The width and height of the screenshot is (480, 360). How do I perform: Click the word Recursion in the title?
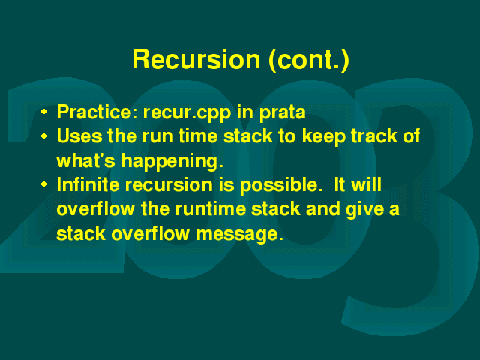196,58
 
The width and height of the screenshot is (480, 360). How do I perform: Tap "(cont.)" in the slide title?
309,60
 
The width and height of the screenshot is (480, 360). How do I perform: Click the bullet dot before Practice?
44,112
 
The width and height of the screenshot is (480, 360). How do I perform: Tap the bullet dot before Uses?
44,136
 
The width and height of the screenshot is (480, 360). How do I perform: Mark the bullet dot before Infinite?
44,184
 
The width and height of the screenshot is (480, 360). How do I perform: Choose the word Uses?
79,136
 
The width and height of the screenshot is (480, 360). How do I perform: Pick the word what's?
86,160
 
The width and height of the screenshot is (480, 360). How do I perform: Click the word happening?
172,162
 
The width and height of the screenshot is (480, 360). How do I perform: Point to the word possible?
281,186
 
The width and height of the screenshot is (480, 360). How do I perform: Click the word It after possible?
340,184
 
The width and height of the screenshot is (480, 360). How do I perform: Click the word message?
239,235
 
